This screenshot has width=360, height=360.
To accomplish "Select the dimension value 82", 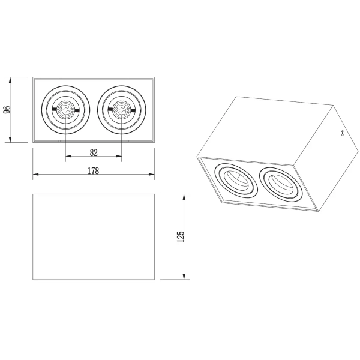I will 93,152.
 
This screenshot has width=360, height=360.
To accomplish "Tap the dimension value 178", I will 93,170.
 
